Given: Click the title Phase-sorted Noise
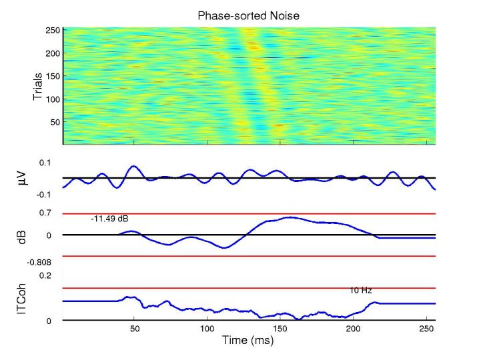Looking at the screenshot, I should click(249, 14).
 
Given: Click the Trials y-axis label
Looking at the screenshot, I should click(39, 86).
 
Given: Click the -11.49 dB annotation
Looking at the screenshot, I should click(107, 219).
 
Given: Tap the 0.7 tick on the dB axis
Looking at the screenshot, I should click(45, 213).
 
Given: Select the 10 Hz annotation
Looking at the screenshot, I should click(360, 290).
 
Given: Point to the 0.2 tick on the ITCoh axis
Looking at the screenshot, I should click(45, 275).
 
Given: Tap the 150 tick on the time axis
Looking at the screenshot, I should click(281, 329).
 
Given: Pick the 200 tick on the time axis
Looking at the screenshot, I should click(354, 329).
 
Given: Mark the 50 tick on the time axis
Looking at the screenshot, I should click(135, 329).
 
